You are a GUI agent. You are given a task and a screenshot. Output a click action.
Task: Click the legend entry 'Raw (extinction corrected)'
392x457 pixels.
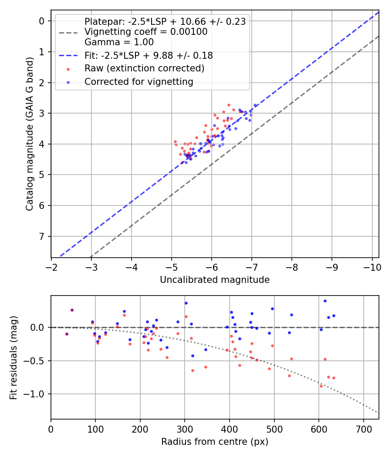click(x=144, y=68)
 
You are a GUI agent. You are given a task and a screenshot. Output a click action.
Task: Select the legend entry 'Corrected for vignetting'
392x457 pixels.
click(x=139, y=81)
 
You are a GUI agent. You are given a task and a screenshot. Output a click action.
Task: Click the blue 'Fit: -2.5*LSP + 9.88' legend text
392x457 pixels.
click(x=149, y=56)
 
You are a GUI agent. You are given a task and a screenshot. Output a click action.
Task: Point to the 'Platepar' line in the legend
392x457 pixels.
click(x=165, y=22)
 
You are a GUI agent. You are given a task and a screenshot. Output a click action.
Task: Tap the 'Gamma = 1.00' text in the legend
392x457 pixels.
click(x=119, y=42)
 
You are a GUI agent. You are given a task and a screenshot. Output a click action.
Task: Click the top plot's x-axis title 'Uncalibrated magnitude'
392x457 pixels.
click(x=215, y=280)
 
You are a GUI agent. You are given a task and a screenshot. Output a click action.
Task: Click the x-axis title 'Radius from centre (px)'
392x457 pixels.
click(x=215, y=442)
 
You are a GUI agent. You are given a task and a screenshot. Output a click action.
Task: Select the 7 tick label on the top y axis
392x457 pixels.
click(x=42, y=236)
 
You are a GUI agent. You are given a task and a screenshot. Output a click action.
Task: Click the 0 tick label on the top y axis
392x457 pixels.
click(x=42, y=21)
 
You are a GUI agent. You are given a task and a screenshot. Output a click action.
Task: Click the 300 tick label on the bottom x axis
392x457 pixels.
click(x=185, y=429)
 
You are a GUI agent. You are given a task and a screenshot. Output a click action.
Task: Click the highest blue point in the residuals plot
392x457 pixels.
click(x=325, y=301)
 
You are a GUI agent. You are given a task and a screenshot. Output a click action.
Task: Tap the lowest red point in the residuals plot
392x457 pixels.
click(x=321, y=386)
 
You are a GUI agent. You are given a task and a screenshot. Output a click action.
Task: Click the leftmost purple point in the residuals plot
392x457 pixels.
click(x=67, y=334)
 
